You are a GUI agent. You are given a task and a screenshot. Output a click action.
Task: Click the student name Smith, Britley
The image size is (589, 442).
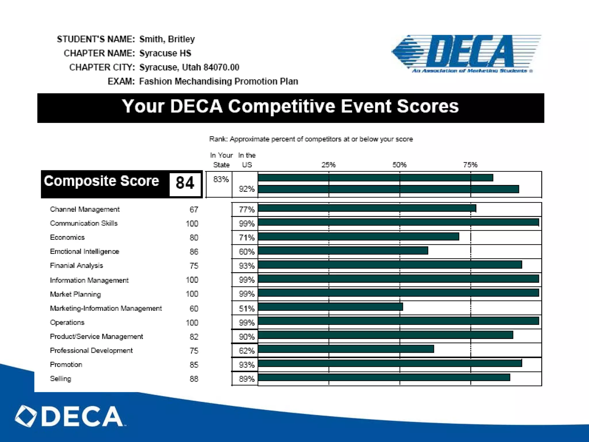tap(167, 39)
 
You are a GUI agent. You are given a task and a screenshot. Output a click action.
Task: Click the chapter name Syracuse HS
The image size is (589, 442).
tap(165, 53)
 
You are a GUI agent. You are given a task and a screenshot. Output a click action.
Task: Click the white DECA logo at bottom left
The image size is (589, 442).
tap(69, 416)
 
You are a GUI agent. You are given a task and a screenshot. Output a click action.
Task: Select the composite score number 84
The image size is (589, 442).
tap(185, 183)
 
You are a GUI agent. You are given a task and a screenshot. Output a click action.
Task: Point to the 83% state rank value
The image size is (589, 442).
tap(221, 180)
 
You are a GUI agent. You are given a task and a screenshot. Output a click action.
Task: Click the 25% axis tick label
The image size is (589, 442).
tap(328, 165)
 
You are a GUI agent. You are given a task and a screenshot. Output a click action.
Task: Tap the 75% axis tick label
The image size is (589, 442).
tap(470, 165)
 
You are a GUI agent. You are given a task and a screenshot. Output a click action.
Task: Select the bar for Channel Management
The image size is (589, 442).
tap(367, 208)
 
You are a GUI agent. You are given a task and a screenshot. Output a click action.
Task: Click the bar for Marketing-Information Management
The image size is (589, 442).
tap(330, 307)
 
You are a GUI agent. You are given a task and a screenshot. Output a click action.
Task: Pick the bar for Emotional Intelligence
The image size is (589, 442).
tap(343, 251)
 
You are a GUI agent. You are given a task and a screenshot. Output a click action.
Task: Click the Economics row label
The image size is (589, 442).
tap(67, 237)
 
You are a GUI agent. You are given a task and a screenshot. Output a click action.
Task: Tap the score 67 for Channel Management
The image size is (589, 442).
tap(194, 209)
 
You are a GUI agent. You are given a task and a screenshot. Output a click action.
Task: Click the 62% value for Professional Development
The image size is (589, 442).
tap(246, 351)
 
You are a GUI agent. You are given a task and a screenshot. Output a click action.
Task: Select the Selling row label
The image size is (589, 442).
tap(60, 379)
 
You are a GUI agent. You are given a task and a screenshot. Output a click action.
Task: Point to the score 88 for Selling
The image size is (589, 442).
tap(194, 379)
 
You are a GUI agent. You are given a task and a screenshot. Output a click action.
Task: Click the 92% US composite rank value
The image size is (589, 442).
tap(246, 189)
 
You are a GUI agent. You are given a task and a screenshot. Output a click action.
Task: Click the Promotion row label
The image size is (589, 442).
tap(66, 365)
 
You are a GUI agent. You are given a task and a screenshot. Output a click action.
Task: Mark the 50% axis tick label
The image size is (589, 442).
tap(399, 165)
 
